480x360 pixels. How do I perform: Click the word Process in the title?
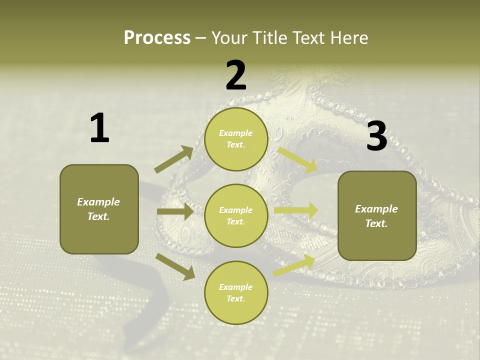click(157, 37)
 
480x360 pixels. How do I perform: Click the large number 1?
click(99, 128)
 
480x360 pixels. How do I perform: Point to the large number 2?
click(236, 75)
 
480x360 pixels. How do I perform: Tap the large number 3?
click(376, 136)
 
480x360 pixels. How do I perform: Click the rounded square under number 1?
click(99, 209)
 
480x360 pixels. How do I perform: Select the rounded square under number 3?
click(377, 216)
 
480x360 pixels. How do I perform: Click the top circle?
click(236, 139)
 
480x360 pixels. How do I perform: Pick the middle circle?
click(236, 215)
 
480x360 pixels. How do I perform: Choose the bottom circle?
click(236, 292)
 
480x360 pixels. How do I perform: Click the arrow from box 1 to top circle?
click(174, 159)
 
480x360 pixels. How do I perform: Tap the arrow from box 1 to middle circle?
click(175, 211)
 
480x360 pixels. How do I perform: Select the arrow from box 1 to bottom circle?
click(175, 266)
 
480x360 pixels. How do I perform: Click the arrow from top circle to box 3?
click(297, 160)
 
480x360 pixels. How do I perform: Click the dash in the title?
click(200, 38)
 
